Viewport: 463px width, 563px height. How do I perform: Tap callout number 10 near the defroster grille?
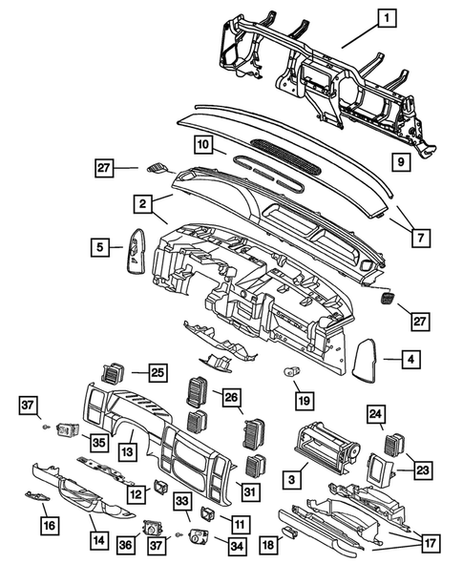point(202,145)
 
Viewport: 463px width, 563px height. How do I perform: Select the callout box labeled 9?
point(401,162)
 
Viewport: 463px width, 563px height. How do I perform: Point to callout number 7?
point(416,232)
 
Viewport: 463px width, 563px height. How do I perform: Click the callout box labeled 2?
point(141,203)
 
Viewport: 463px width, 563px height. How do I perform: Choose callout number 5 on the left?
point(99,248)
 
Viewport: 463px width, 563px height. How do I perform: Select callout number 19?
point(304,400)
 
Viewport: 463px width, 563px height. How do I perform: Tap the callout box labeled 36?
point(124,544)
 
